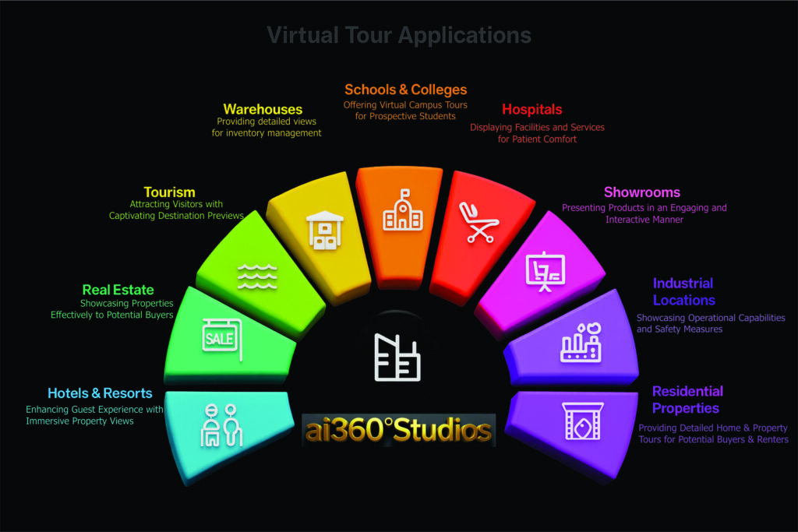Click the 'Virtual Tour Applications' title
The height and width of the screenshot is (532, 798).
point(398,35)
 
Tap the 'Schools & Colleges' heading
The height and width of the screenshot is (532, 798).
point(405,90)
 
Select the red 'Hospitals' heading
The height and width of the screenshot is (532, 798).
point(531,109)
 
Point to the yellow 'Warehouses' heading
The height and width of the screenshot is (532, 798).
point(263,109)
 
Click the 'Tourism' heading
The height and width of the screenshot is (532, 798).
point(169,192)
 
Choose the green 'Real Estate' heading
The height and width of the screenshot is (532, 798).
point(118,290)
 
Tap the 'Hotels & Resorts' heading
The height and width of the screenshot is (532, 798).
point(100,393)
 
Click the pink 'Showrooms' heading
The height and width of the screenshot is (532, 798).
point(641,192)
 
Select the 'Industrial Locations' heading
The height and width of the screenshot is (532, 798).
point(683,291)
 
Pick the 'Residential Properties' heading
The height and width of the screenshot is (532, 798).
point(687,400)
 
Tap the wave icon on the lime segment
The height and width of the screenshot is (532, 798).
point(257,276)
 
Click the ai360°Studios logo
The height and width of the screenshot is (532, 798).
point(398,430)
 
